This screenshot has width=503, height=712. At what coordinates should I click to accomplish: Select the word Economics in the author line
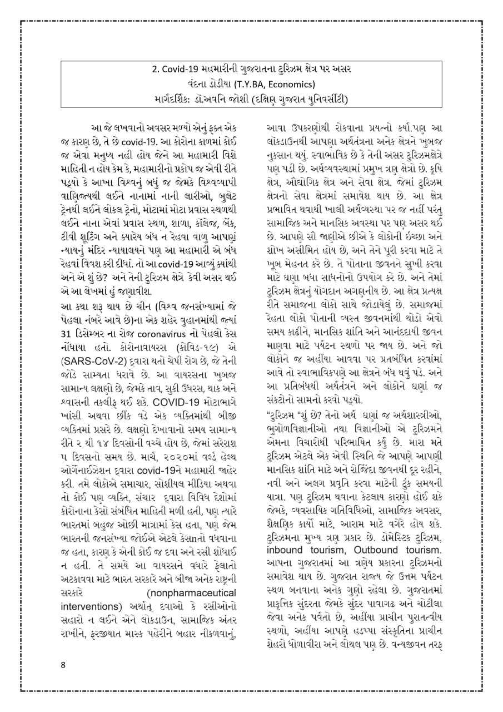pyautogui.click(x=293, y=85)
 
